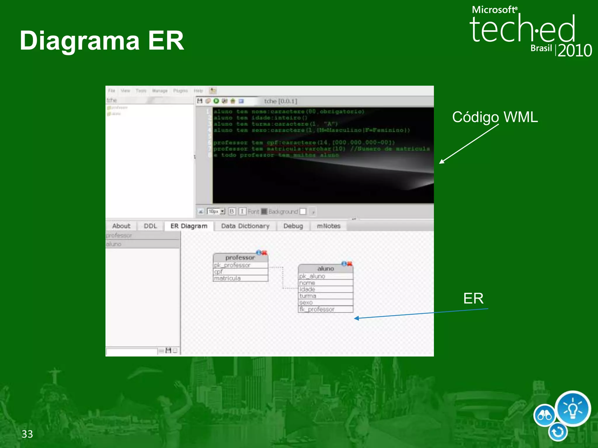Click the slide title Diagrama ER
[102, 41]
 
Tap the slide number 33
[27, 434]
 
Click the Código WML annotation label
[495, 117]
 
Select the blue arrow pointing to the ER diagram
[420, 314]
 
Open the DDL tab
[150, 226]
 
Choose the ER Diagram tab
[189, 226]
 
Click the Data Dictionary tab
[245, 226]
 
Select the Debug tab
[293, 226]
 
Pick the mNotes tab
[328, 226]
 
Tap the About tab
[121, 226]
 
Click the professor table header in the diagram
[240, 258]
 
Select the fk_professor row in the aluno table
[325, 309]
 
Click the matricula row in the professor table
[240, 278]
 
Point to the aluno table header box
[325, 268]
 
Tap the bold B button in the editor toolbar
[232, 211]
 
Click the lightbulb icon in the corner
[573, 409]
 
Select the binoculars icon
[545, 415]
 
